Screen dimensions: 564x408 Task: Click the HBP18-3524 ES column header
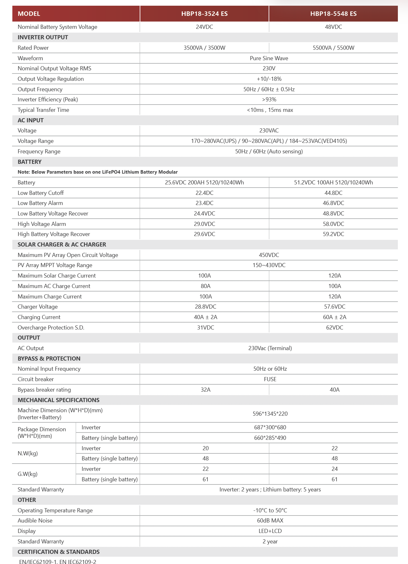point(204,14)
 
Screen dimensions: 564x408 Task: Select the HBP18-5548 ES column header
point(333,14)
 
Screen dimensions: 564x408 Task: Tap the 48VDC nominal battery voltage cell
point(333,27)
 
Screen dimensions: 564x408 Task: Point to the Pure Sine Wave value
point(269,58)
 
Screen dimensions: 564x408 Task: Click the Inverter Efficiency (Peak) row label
point(48,99)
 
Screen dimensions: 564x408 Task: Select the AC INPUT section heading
point(31,120)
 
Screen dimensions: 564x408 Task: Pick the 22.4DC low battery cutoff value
point(204,193)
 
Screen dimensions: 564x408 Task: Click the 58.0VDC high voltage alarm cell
point(333,224)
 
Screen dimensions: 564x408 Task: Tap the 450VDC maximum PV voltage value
point(269,255)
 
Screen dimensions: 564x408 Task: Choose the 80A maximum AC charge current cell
point(206,286)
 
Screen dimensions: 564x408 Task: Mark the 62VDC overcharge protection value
point(335,328)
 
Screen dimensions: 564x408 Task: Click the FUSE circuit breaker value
point(270,379)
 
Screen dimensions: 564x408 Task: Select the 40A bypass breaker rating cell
point(335,390)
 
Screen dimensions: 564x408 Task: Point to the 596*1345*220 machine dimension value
point(270,414)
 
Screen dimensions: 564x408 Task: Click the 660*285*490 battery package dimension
point(270,438)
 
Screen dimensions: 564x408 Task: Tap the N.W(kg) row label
point(28,453)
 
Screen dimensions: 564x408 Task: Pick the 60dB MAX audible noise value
point(270,521)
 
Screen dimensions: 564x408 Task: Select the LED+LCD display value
point(270,531)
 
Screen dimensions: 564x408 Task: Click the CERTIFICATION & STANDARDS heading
point(59,552)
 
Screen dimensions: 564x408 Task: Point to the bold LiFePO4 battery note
point(98,172)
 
